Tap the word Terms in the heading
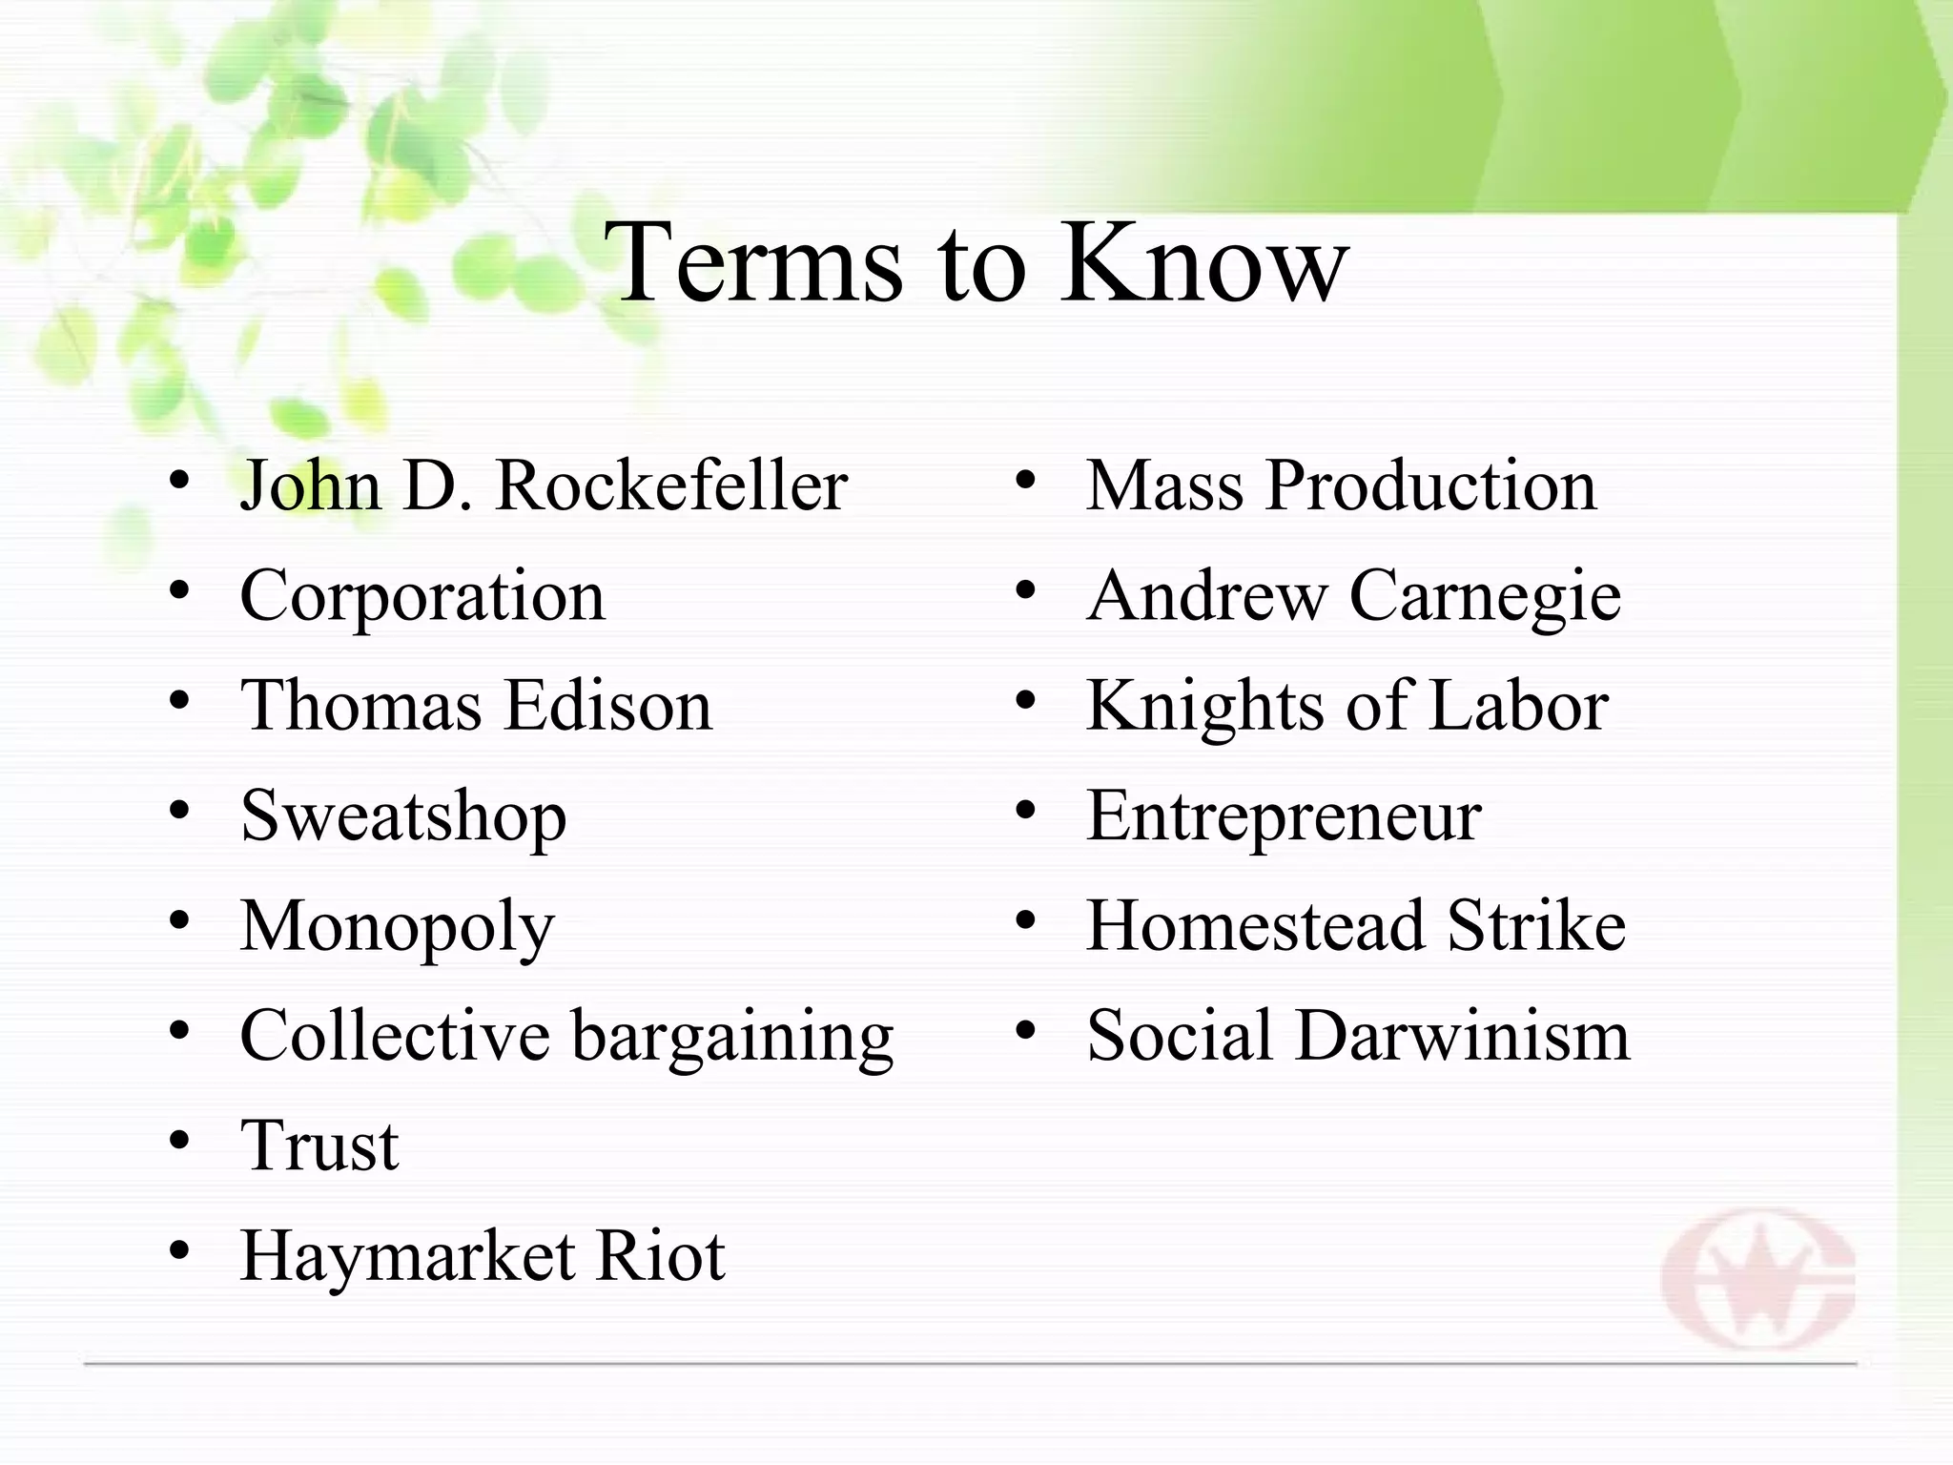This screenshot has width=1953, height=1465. (753, 261)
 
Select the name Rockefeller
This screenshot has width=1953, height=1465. (671, 485)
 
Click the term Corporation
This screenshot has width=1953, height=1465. (422, 596)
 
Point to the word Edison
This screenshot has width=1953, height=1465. (607, 706)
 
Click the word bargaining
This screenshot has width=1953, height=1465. (731, 1037)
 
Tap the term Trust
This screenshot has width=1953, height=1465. (319, 1145)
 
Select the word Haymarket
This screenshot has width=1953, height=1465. (408, 1256)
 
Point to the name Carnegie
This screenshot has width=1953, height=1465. (1485, 597)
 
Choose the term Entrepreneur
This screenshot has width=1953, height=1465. (1284, 816)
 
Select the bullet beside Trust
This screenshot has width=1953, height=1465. (179, 1141)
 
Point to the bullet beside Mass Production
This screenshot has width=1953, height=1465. (1025, 480)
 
